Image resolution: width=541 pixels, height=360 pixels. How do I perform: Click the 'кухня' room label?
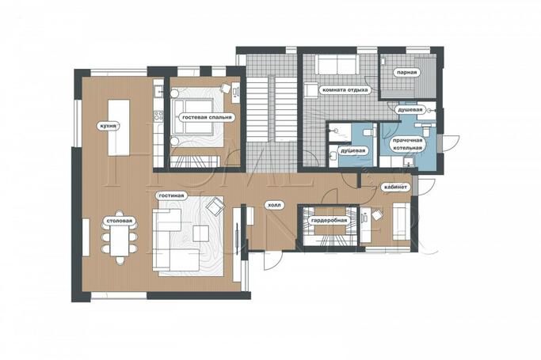[x=108, y=126]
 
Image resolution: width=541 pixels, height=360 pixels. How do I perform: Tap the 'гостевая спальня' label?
[x=207, y=117]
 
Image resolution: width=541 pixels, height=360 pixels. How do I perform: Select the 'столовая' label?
[x=119, y=221]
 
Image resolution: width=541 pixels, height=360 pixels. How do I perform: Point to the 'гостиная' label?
[x=171, y=195]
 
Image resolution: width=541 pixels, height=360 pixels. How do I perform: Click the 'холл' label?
[x=274, y=206]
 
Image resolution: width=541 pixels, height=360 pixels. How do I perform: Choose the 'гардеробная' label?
[x=329, y=221]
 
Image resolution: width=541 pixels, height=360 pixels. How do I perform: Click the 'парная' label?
[x=406, y=73]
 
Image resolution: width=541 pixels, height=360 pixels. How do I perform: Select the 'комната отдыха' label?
[x=345, y=90]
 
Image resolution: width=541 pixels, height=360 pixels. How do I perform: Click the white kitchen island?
[x=119, y=127]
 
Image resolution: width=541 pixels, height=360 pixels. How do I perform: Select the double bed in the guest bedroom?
[x=193, y=117]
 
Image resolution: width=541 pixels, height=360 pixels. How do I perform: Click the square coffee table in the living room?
[x=201, y=233]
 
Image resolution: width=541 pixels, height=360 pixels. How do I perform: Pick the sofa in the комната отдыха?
[x=337, y=64]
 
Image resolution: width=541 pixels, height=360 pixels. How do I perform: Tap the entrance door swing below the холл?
[x=272, y=260]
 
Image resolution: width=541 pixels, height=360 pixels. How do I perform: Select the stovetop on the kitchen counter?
[x=158, y=116]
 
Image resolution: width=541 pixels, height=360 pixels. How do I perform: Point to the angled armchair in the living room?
[x=215, y=206]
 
